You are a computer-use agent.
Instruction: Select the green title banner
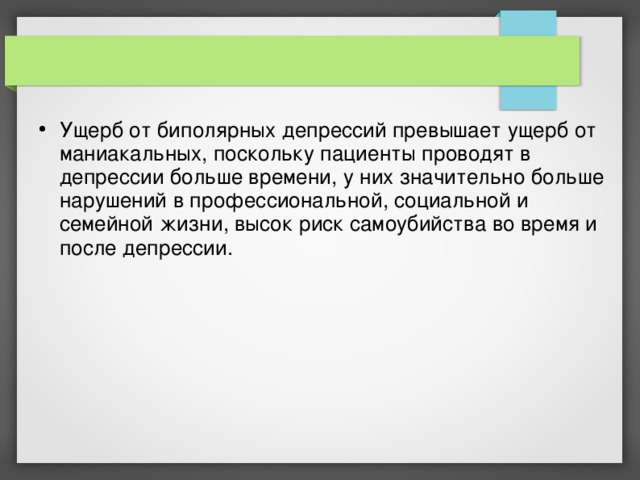(290, 61)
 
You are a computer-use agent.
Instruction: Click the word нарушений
(106, 200)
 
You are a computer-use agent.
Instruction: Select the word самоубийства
(390, 222)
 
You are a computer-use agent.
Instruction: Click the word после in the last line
(87, 245)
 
